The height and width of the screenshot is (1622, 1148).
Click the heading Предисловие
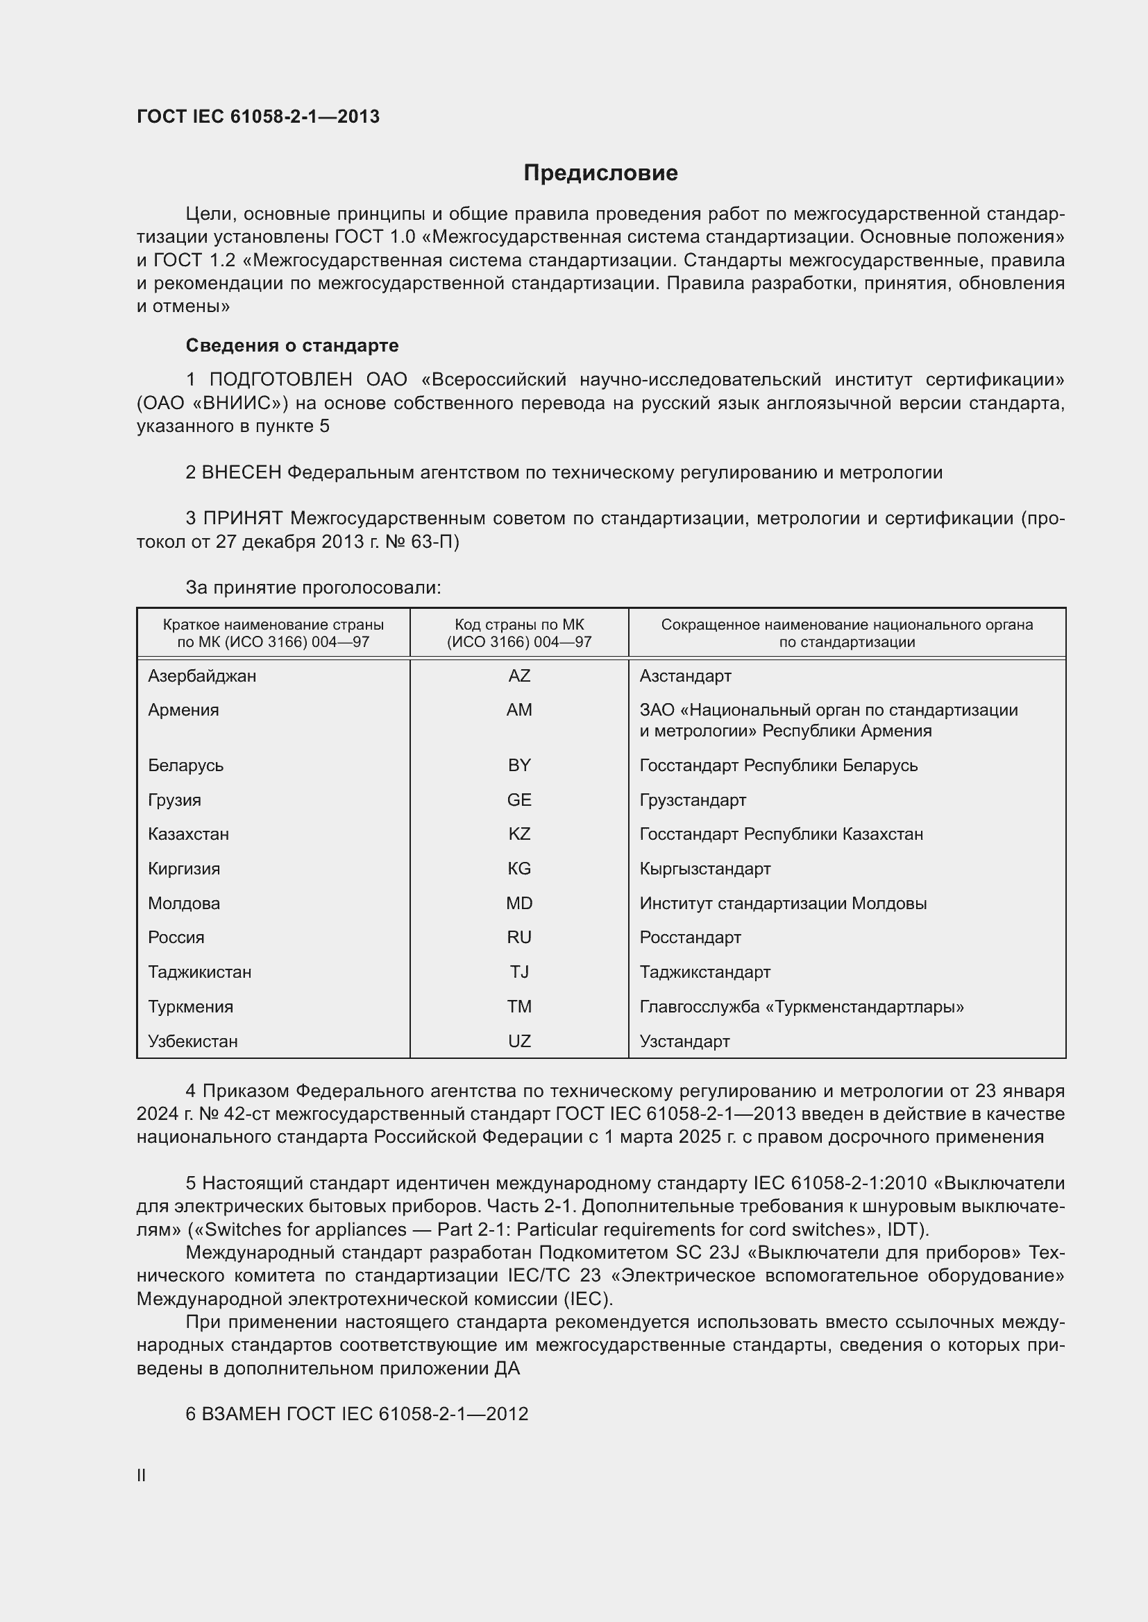(600, 173)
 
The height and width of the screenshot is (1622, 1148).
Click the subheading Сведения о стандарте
(292, 345)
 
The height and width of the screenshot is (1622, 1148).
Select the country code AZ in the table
(519, 676)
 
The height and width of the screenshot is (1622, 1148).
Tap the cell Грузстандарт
(692, 800)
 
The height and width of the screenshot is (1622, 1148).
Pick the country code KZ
(519, 834)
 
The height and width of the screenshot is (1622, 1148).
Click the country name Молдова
(184, 903)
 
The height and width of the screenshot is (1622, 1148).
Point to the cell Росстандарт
(690, 938)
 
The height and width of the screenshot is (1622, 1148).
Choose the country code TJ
(519, 972)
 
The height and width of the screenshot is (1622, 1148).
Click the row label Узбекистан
(192, 1042)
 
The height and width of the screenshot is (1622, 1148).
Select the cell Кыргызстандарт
(704, 869)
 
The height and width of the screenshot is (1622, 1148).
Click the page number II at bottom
(142, 1475)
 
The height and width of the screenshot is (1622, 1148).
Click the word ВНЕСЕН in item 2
(241, 473)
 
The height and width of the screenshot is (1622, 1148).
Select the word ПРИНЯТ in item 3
(242, 519)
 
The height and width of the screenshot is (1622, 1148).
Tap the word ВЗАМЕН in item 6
(240, 1414)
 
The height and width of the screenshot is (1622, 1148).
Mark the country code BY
(519, 766)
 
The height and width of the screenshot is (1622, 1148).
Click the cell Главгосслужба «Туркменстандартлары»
(801, 1007)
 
